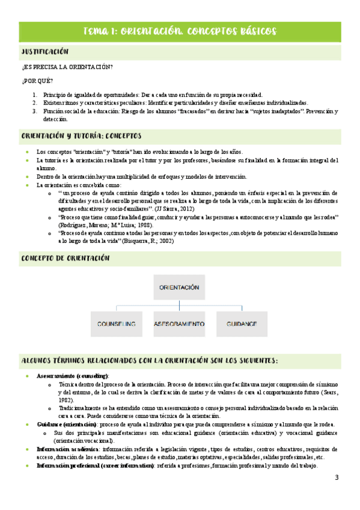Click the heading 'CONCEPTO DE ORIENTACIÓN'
click(x=65, y=258)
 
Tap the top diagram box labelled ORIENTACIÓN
click(x=178, y=288)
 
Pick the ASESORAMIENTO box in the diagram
click(x=179, y=324)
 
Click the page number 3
click(x=337, y=478)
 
